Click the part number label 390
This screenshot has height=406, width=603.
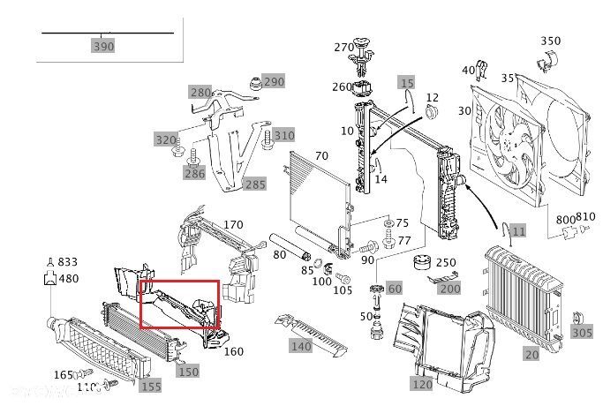click(103, 46)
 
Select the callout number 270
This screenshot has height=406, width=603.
click(343, 47)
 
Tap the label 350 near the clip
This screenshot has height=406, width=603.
click(550, 41)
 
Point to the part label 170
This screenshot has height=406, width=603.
click(232, 225)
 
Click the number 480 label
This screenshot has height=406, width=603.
click(68, 279)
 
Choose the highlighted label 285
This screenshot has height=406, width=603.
click(254, 184)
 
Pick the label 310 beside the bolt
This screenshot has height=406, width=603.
click(283, 135)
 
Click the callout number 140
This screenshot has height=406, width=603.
click(301, 347)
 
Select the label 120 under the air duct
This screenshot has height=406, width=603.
click(421, 385)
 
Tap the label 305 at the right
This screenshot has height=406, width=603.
click(582, 333)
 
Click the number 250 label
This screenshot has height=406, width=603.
click(446, 263)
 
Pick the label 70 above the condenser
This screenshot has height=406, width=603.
click(321, 156)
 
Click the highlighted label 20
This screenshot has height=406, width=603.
click(531, 354)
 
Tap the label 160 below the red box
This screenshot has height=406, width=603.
click(233, 351)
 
